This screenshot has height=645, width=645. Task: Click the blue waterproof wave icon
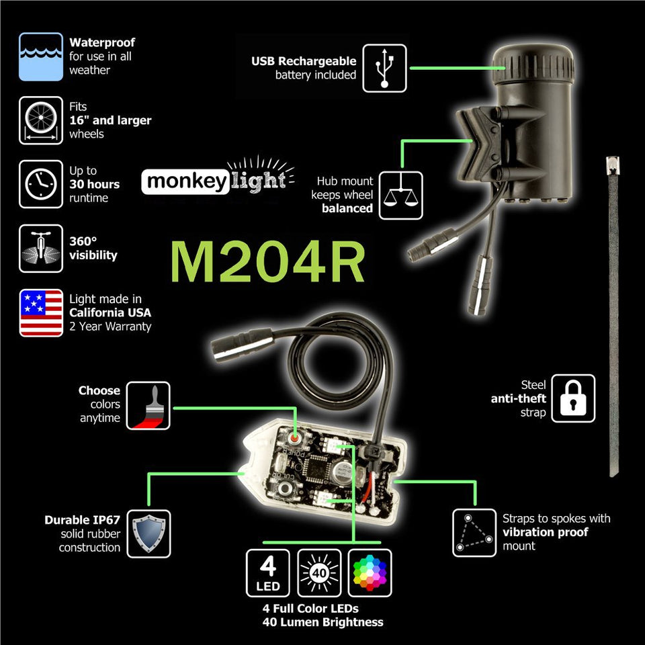[x=41, y=56]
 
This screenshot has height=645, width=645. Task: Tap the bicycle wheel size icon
[x=41, y=120]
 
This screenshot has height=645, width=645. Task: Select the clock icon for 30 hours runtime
[x=41, y=184]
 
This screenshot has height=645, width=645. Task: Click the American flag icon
[x=41, y=313]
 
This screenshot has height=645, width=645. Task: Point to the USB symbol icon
[x=385, y=68]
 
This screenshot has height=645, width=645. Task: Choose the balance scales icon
[x=401, y=195]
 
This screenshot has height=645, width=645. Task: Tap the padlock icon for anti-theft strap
[x=573, y=398]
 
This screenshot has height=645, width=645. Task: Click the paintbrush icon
[x=148, y=406]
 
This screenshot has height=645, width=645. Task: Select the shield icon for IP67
[x=148, y=534]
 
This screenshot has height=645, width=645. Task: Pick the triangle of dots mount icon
[x=474, y=533]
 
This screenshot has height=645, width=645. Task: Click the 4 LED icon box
[x=268, y=573]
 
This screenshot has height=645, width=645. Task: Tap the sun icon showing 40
[x=319, y=573]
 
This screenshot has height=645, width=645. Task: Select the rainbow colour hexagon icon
[x=370, y=573]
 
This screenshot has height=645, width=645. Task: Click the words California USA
[x=110, y=312]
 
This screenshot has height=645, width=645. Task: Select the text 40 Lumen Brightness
[x=322, y=621]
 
